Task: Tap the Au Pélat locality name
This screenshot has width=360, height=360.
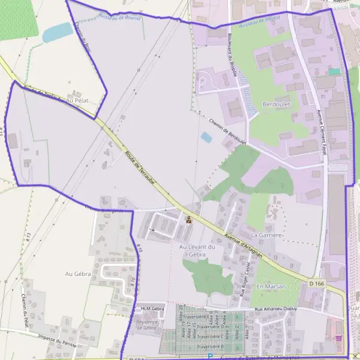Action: [77, 100]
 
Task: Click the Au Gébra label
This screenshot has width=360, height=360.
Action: [77, 274]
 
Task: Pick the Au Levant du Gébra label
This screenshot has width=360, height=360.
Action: [197, 251]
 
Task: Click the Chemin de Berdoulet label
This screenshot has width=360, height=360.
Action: [228, 131]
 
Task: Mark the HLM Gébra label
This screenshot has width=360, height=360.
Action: [152, 308]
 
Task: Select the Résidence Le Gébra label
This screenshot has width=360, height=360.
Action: [146, 325]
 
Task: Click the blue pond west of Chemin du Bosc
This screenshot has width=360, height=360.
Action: [57, 32]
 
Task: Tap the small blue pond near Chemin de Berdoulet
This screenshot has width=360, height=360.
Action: [206, 137]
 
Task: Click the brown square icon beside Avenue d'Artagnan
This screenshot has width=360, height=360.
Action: [190, 220]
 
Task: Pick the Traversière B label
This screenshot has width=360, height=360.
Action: [210, 346]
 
